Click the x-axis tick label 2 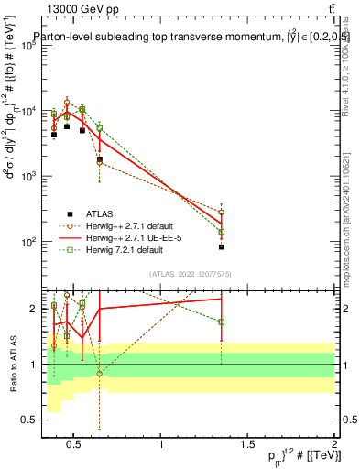coord(333,444)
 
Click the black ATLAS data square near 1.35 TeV coord(222,246)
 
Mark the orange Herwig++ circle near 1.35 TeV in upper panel coord(222,213)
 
